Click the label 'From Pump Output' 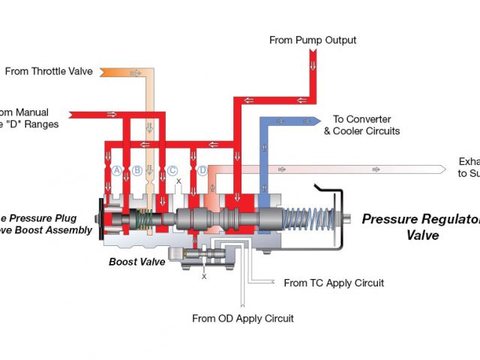pyautogui.click(x=313, y=40)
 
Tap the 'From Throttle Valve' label pyautogui.click(x=49, y=72)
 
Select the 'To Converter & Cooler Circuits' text pyautogui.click(x=361, y=125)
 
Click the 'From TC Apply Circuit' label pyautogui.click(x=334, y=283)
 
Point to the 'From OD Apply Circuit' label pyautogui.click(x=243, y=318)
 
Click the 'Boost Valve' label pyautogui.click(x=137, y=262)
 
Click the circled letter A pyautogui.click(x=117, y=170)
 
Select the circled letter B pyautogui.click(x=137, y=170)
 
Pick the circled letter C pyautogui.click(x=173, y=170)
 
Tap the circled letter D pyautogui.click(x=202, y=170)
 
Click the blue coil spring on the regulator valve pyautogui.click(x=307, y=218)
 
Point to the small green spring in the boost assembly pyautogui.click(x=150, y=218)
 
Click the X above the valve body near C pyautogui.click(x=178, y=181)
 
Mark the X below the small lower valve pyautogui.click(x=204, y=277)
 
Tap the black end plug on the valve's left pyautogui.click(x=100, y=217)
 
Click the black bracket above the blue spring pyautogui.click(x=328, y=188)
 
